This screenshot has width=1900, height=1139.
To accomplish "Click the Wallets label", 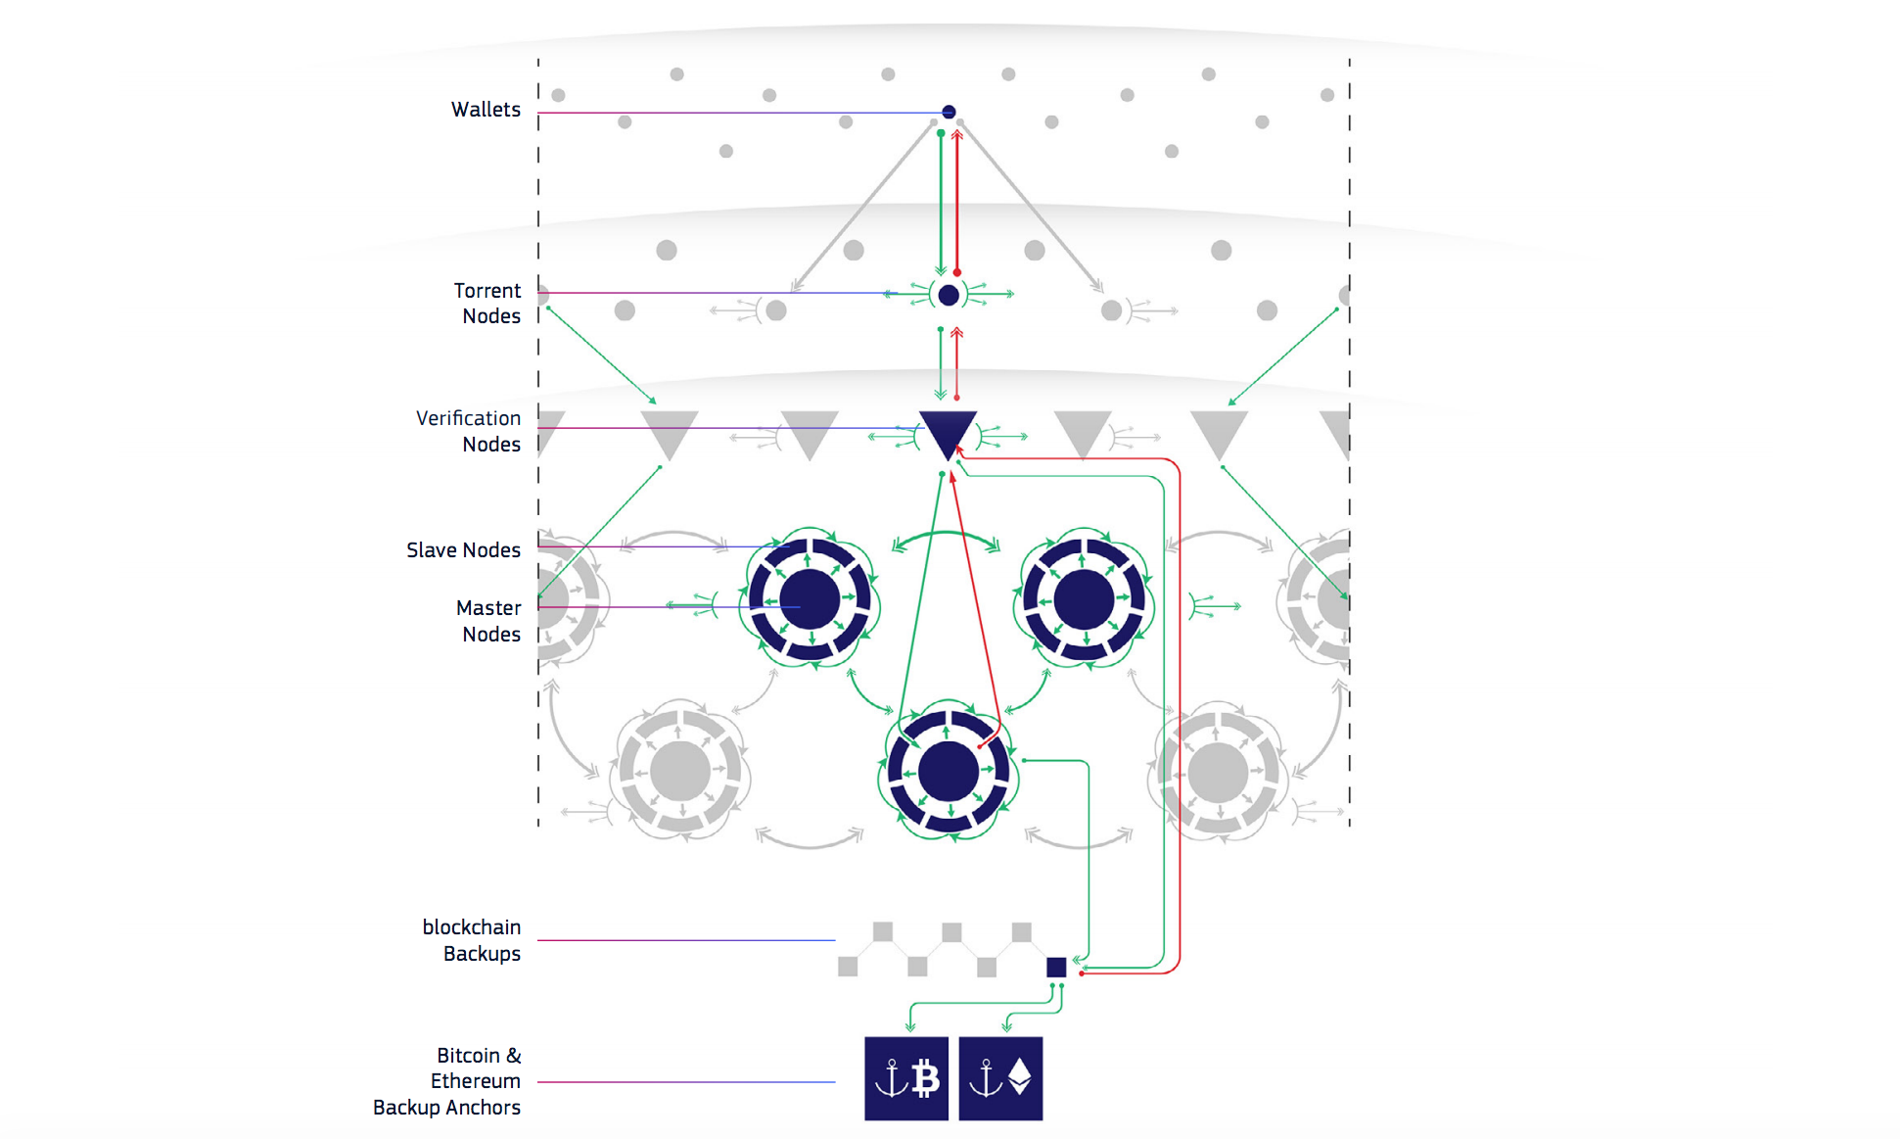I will [485, 110].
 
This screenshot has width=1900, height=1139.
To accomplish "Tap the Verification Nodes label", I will [468, 431].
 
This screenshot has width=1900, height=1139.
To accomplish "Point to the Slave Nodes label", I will [463, 550].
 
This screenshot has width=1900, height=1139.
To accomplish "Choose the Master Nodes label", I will [489, 621].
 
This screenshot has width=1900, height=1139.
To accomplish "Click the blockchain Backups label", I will [472, 940].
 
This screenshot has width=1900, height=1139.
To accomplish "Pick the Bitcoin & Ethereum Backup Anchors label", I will [447, 1081].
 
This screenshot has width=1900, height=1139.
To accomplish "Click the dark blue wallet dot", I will [949, 112].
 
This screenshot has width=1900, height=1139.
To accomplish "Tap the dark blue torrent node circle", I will [949, 295].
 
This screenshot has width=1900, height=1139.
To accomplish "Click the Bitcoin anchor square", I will [906, 1078].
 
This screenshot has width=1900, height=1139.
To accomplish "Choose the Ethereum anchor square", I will [1000, 1078].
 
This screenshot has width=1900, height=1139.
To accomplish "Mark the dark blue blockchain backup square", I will [1056, 968].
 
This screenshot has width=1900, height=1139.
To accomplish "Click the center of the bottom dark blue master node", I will [948, 771].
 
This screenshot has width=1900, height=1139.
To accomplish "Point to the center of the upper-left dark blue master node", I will [810, 598].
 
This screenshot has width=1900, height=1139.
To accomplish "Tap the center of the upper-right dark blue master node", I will [1084, 598].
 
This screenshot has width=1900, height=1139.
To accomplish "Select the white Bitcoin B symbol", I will [925, 1078].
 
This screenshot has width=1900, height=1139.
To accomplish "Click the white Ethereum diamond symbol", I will [1020, 1076].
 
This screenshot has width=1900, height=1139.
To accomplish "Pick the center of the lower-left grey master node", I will [679, 772].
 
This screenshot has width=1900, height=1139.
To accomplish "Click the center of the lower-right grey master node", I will [1218, 772].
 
